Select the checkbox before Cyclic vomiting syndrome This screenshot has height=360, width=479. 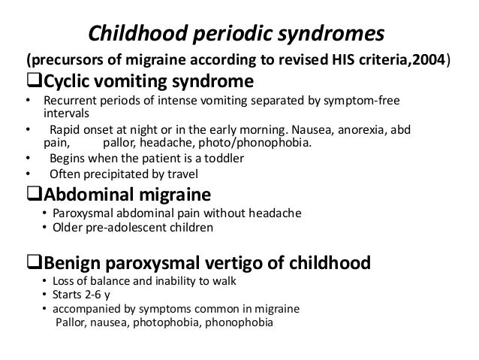pyautogui.click(x=30, y=80)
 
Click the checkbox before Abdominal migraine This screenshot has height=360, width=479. pyautogui.click(x=30, y=196)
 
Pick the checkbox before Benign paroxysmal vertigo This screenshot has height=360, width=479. pyautogui.click(x=30, y=264)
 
